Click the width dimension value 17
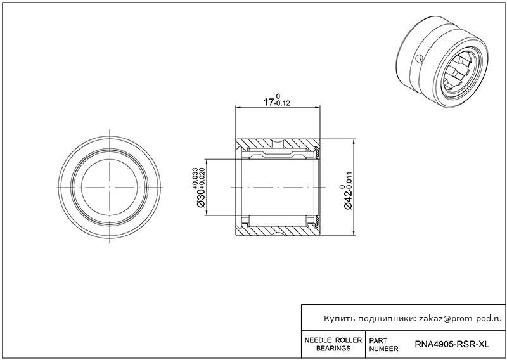click(x=269, y=103)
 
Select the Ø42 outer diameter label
click(x=348, y=200)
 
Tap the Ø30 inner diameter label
click(x=200, y=198)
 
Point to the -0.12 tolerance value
click(x=282, y=103)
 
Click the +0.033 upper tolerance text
click(x=195, y=178)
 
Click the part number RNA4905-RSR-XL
click(x=452, y=344)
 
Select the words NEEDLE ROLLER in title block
click(x=333, y=340)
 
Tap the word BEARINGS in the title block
click(x=333, y=349)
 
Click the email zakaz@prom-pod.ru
click(x=461, y=319)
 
